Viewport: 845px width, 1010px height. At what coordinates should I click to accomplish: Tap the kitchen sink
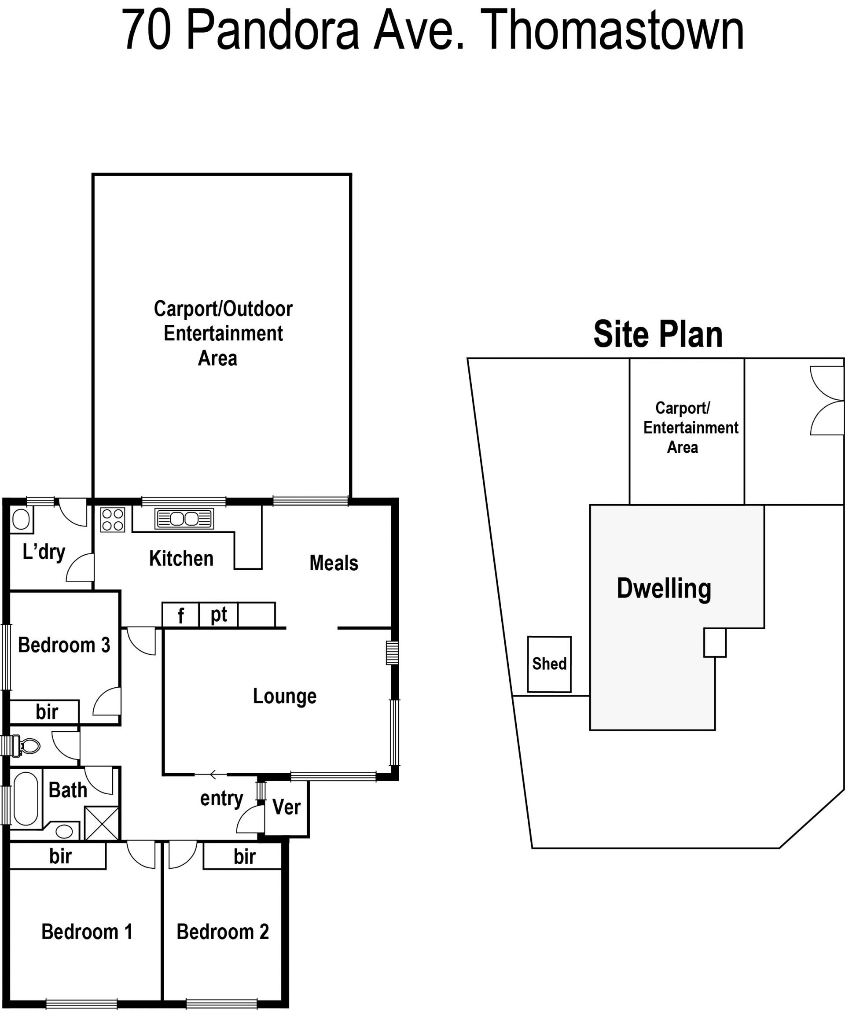[x=184, y=519]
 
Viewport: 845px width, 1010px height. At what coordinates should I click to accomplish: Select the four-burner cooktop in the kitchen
[x=113, y=520]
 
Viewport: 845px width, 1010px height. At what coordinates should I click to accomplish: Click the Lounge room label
[x=285, y=696]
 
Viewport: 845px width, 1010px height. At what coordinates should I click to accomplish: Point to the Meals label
[x=334, y=563]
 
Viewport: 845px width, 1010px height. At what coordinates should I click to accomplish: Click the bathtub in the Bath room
[x=26, y=799]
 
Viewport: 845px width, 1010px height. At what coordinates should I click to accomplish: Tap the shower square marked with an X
[x=101, y=823]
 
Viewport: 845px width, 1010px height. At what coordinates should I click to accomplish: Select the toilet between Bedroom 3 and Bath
[x=26, y=746]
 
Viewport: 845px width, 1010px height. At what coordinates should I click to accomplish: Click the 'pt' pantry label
[x=219, y=615]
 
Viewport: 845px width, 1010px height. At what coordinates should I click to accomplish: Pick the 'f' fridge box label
[x=181, y=616]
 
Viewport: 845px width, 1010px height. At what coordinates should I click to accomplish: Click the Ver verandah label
[x=287, y=807]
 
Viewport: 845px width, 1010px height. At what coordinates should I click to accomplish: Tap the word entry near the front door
[x=221, y=799]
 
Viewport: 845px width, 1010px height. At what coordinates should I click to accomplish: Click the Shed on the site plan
[x=549, y=664]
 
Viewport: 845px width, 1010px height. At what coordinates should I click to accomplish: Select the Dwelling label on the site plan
[x=664, y=588]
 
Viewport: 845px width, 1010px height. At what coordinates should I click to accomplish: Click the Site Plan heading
[x=658, y=334]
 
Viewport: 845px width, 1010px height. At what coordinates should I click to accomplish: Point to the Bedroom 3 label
[x=64, y=645]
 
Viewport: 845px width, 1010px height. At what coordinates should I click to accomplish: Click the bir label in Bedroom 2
[x=245, y=857]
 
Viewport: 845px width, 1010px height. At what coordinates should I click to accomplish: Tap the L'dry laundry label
[x=44, y=552]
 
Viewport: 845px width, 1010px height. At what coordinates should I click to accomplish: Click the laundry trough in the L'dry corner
[x=21, y=520]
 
